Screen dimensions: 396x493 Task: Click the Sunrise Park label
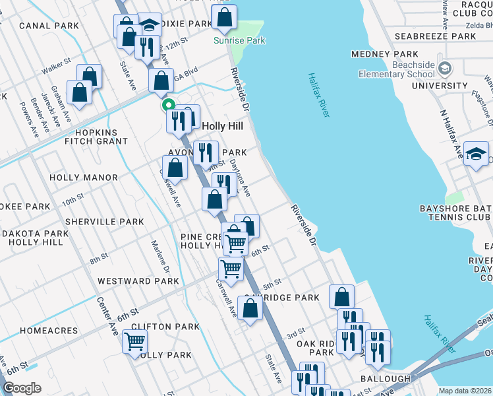pos(239,40)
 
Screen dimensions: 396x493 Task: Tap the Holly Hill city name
pos(222,126)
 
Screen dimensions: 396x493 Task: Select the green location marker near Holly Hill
pos(168,104)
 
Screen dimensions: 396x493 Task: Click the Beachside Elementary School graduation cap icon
pos(445,68)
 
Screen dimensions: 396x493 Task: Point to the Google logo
pos(22,388)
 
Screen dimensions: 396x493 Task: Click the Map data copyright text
pos(465,391)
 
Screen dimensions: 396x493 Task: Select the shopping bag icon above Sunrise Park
pos(225,17)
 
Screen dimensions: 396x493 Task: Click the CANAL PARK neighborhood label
pos(49,26)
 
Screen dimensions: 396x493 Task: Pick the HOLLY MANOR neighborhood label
pos(83,178)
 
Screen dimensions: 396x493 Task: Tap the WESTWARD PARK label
pos(138,281)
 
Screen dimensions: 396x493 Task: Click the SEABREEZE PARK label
pos(435,36)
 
